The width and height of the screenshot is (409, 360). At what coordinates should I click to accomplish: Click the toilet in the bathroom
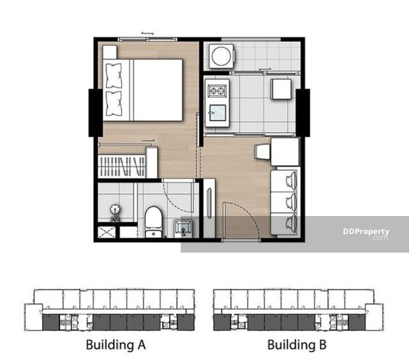click(153, 222)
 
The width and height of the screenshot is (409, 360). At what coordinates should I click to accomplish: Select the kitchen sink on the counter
click(217, 113)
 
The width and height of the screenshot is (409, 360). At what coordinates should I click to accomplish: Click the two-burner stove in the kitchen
click(217, 91)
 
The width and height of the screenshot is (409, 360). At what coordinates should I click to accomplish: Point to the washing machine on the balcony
click(222, 56)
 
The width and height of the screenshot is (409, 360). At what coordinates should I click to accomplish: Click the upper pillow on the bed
click(114, 76)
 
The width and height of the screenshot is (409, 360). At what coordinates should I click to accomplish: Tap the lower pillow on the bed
click(114, 104)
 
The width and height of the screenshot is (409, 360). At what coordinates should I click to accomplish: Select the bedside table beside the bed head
click(109, 52)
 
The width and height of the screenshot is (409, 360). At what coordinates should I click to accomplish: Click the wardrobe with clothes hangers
click(122, 166)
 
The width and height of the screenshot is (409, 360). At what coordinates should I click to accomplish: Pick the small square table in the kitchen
click(281, 89)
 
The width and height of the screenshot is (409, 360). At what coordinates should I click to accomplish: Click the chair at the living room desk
click(262, 152)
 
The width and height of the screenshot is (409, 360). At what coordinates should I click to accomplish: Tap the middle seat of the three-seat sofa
click(285, 202)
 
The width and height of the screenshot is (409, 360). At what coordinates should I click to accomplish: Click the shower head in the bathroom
click(115, 209)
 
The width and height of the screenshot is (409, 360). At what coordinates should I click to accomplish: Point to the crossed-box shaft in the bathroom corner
click(106, 232)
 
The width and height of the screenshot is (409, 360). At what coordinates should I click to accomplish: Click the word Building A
click(116, 344)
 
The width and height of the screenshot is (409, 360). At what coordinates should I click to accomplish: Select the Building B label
click(297, 344)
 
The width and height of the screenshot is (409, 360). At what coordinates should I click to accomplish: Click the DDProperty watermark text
click(366, 234)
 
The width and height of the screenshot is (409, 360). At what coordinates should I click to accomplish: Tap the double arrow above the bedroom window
click(147, 33)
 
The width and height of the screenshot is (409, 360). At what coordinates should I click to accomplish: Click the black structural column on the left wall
click(95, 113)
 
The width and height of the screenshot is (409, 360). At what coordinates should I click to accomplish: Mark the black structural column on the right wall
click(303, 113)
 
